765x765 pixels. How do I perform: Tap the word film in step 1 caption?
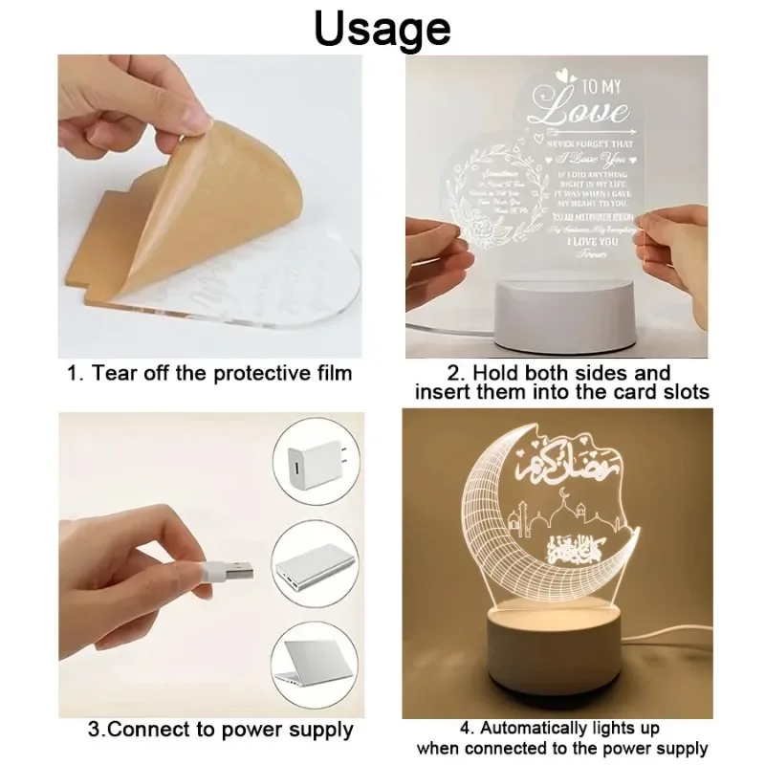click(x=330, y=372)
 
